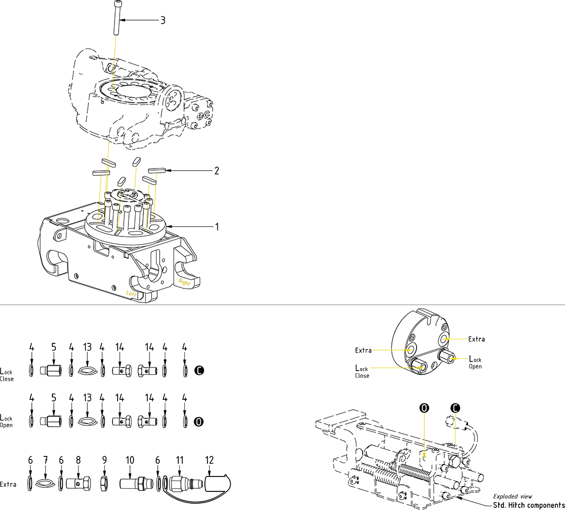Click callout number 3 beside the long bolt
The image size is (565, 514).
coord(163,21)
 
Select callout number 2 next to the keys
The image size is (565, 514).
coord(217,171)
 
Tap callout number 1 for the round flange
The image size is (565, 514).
coord(217,227)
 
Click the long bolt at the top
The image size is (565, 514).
coord(118,18)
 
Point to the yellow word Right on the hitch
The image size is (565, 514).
coord(184,283)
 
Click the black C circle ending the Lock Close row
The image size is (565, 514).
coord(199,370)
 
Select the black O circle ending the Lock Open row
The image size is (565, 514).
coord(199,422)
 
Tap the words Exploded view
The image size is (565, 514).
coord(513,496)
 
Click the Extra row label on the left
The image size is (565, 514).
coord(8,484)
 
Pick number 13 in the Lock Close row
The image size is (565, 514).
coord(87,348)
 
